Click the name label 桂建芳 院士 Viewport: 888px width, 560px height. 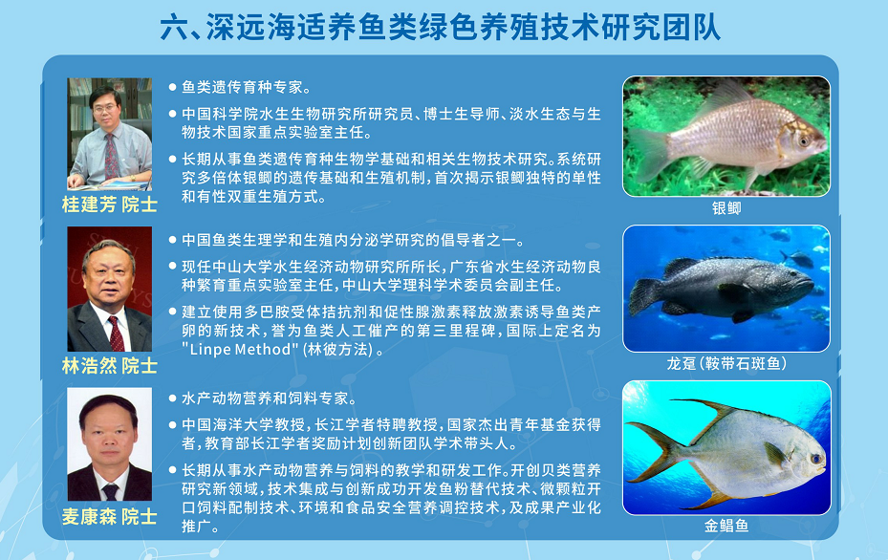(x=109, y=205)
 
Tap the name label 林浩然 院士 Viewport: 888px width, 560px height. (x=109, y=366)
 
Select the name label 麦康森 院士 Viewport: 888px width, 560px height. (x=109, y=516)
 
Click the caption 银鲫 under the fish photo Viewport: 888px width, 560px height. (x=726, y=208)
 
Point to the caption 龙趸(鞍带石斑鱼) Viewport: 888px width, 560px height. (x=726, y=363)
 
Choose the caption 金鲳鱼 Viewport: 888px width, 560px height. (x=726, y=526)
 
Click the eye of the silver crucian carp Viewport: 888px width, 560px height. (x=804, y=141)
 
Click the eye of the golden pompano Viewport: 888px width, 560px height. (x=816, y=458)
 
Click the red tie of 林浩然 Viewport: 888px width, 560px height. (x=116, y=334)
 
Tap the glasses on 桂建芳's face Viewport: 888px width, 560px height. (x=105, y=108)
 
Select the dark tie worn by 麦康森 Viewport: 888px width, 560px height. (x=110, y=491)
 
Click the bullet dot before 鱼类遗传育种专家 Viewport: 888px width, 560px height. (x=173, y=87)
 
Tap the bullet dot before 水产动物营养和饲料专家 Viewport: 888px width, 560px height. (x=173, y=398)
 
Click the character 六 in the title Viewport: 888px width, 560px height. (x=174, y=28)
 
